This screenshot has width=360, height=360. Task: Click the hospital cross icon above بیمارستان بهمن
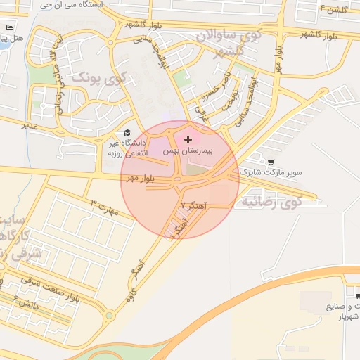(x=188, y=141)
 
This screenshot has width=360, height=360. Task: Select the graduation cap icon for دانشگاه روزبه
(x=127, y=132)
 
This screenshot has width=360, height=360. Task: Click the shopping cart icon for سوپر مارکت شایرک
(x=271, y=162)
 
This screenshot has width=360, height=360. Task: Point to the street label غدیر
(x=29, y=125)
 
